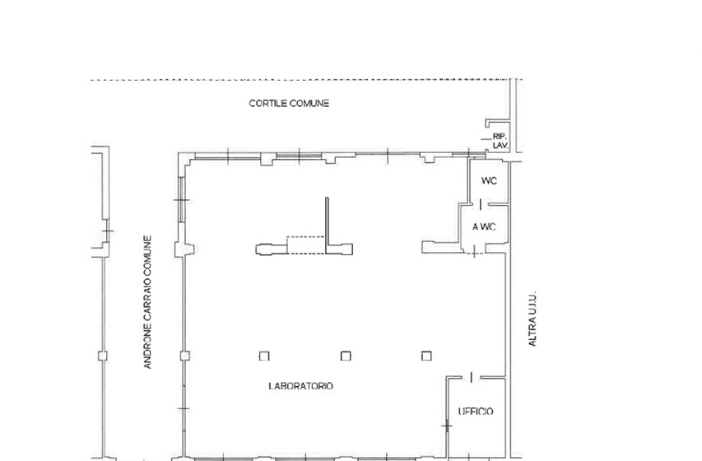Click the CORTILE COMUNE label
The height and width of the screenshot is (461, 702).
[x=289, y=104]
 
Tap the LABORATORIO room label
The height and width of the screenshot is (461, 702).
[x=301, y=386]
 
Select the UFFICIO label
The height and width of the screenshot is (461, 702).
[x=476, y=412]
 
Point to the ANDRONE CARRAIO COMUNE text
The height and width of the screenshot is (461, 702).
[x=147, y=302]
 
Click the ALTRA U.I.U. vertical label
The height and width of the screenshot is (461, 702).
[x=532, y=319]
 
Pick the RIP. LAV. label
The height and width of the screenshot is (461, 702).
[x=500, y=141]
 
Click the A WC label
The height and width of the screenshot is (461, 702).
[x=484, y=227]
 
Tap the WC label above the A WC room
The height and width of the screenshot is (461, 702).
[x=489, y=181]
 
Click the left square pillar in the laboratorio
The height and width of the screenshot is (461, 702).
[x=264, y=356]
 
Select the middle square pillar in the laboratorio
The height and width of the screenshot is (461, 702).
[x=346, y=356]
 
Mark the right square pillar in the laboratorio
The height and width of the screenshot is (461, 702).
[x=426, y=356]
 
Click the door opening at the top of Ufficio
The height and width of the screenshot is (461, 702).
[x=471, y=378]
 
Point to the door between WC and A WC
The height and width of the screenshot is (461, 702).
[x=481, y=205]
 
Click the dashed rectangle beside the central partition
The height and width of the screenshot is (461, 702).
[x=305, y=245]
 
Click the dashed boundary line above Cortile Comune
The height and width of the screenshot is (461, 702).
[x=307, y=80]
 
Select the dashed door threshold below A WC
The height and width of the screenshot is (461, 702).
[x=475, y=254]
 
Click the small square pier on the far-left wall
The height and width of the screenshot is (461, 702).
[x=103, y=356]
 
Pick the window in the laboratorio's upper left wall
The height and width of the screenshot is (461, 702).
[x=182, y=199]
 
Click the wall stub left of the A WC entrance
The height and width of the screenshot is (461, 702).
[x=442, y=247]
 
